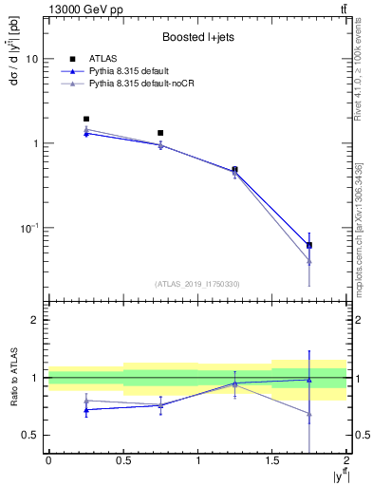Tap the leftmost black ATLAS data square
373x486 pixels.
(x=86, y=120)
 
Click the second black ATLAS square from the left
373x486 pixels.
(x=160, y=133)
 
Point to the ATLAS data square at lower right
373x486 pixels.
(x=309, y=245)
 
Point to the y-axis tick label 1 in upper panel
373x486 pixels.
(x=36, y=143)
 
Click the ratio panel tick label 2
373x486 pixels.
(x=36, y=320)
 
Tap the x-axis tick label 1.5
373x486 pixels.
(x=272, y=460)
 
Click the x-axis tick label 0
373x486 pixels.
(x=48, y=460)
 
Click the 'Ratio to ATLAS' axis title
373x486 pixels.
(x=13, y=377)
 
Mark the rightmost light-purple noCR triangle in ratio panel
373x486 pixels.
(x=309, y=414)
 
